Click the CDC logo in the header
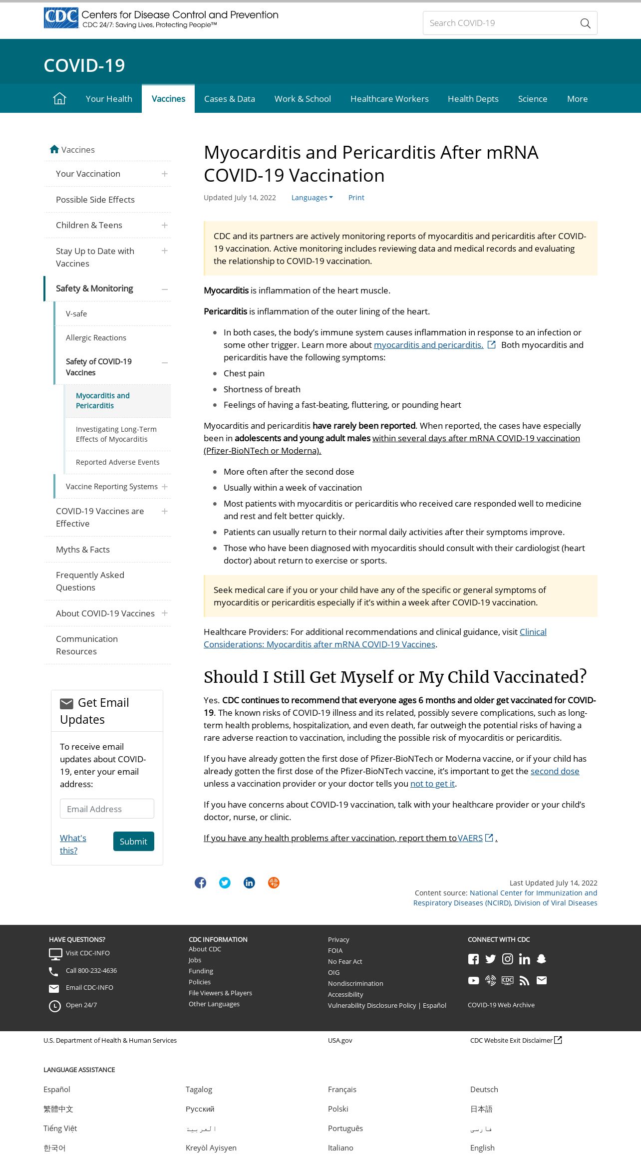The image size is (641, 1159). [61, 18]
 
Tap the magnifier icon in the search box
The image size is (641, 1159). [585, 23]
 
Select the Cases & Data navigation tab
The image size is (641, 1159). [229, 99]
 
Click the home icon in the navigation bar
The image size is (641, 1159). [59, 99]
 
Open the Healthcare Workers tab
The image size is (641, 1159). [389, 99]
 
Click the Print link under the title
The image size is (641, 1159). [356, 198]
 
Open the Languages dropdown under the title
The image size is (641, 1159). [312, 198]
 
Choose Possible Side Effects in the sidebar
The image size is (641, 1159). [95, 200]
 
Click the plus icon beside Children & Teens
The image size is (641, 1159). [165, 225]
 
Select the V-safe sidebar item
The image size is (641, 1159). [76, 314]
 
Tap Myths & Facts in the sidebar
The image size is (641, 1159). [83, 550]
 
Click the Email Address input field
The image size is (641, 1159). [107, 809]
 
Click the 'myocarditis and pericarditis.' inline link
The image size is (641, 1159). [428, 345]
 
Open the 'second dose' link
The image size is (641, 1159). [555, 771]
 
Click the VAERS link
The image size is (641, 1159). [470, 838]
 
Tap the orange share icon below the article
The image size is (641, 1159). [274, 882]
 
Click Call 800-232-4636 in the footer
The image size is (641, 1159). [91, 971]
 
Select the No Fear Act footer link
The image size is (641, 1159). [345, 961]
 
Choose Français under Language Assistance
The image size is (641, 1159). [342, 1089]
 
